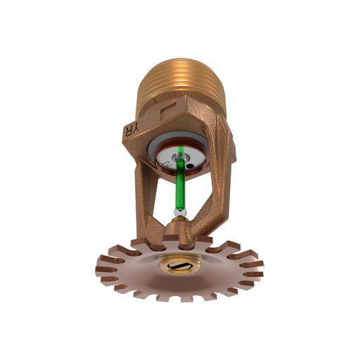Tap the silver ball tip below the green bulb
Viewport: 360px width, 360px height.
(x=181, y=212)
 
